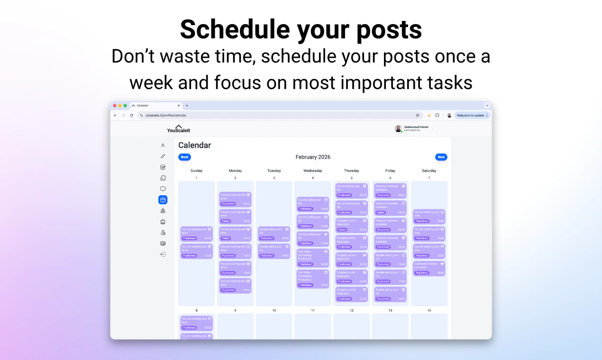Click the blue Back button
184,157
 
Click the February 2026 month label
313,157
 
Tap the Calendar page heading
194,145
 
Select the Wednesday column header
312,171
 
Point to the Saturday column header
429,171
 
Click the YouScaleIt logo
179,129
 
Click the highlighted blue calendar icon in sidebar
163,200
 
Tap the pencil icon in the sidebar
163,156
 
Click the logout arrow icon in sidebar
163,254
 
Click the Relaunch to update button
471,115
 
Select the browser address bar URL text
166,115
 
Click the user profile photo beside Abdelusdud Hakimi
398,128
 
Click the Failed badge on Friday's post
382,212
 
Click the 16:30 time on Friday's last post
401,299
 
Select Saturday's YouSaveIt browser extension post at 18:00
429,268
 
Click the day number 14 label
429,310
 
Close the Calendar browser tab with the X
179,106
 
